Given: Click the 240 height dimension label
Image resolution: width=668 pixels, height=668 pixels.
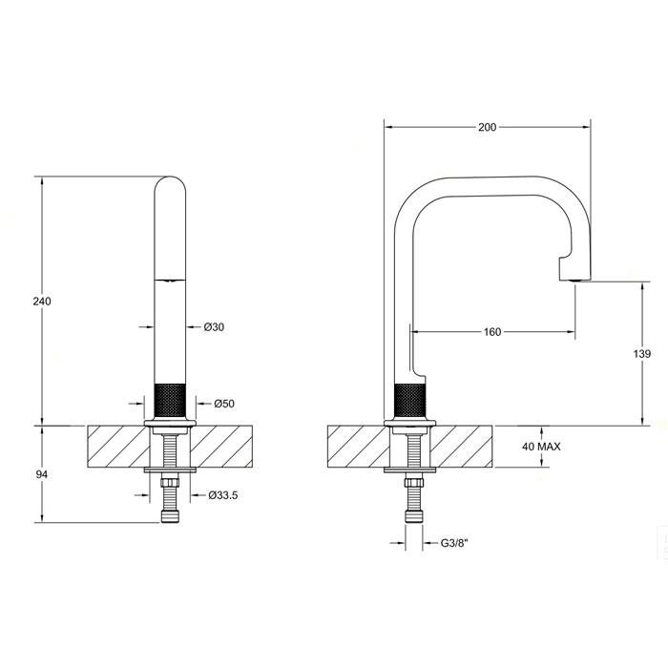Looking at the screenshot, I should tap(41, 301).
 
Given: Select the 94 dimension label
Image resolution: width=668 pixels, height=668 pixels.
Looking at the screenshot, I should tap(41, 474).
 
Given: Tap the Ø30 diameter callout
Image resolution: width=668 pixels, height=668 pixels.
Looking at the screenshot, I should tap(215, 326).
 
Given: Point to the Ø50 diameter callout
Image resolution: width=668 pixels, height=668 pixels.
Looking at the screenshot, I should tap(224, 404).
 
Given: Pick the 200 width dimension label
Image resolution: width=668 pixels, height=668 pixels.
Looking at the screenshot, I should tap(487, 126).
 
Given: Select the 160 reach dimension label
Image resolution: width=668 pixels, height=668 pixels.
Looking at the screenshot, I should tap(492, 332).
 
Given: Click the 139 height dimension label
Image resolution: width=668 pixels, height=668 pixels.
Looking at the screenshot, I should tap(641, 354).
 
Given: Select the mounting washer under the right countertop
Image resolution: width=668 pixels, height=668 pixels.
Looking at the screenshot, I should tap(409, 471).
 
